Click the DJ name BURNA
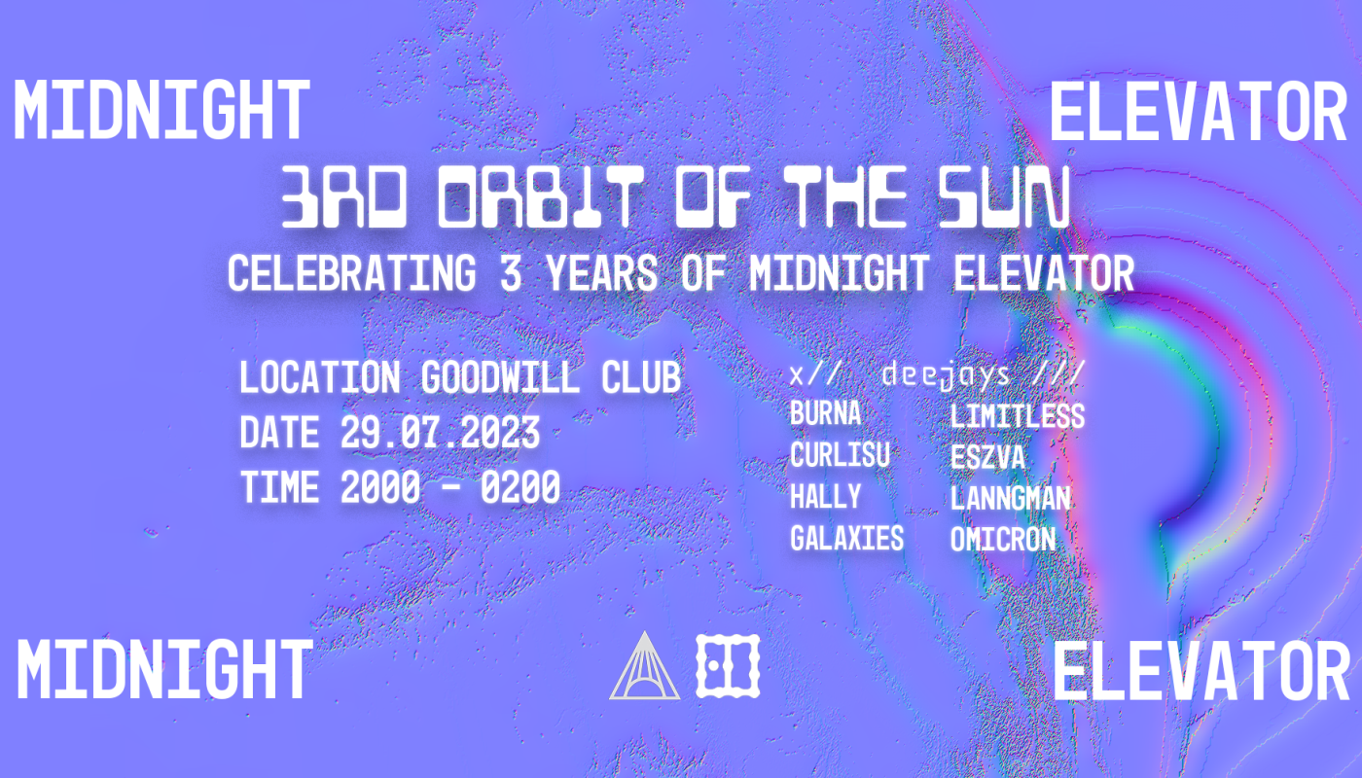tap(825, 414)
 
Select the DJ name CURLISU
tap(840, 456)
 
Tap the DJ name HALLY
tap(825, 497)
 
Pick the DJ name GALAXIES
tap(846, 538)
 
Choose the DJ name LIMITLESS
tap(1017, 416)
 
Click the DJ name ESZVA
tap(987, 457)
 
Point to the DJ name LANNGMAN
tap(1010, 498)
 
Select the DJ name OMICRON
tap(1002, 539)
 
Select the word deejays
tap(945, 375)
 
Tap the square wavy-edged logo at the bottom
tap(727, 665)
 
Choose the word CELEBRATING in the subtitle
tap(352, 273)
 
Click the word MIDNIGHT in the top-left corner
tap(161, 110)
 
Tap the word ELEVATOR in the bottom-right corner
tap(1201, 673)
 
